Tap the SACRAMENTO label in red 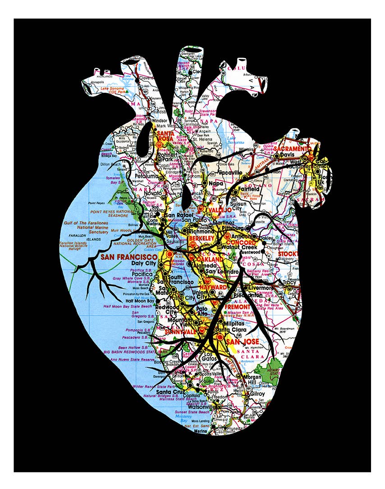click(x=293, y=149)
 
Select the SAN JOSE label click(x=243, y=342)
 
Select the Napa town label click(x=216, y=184)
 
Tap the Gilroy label click(x=258, y=394)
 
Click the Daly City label click(x=143, y=263)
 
